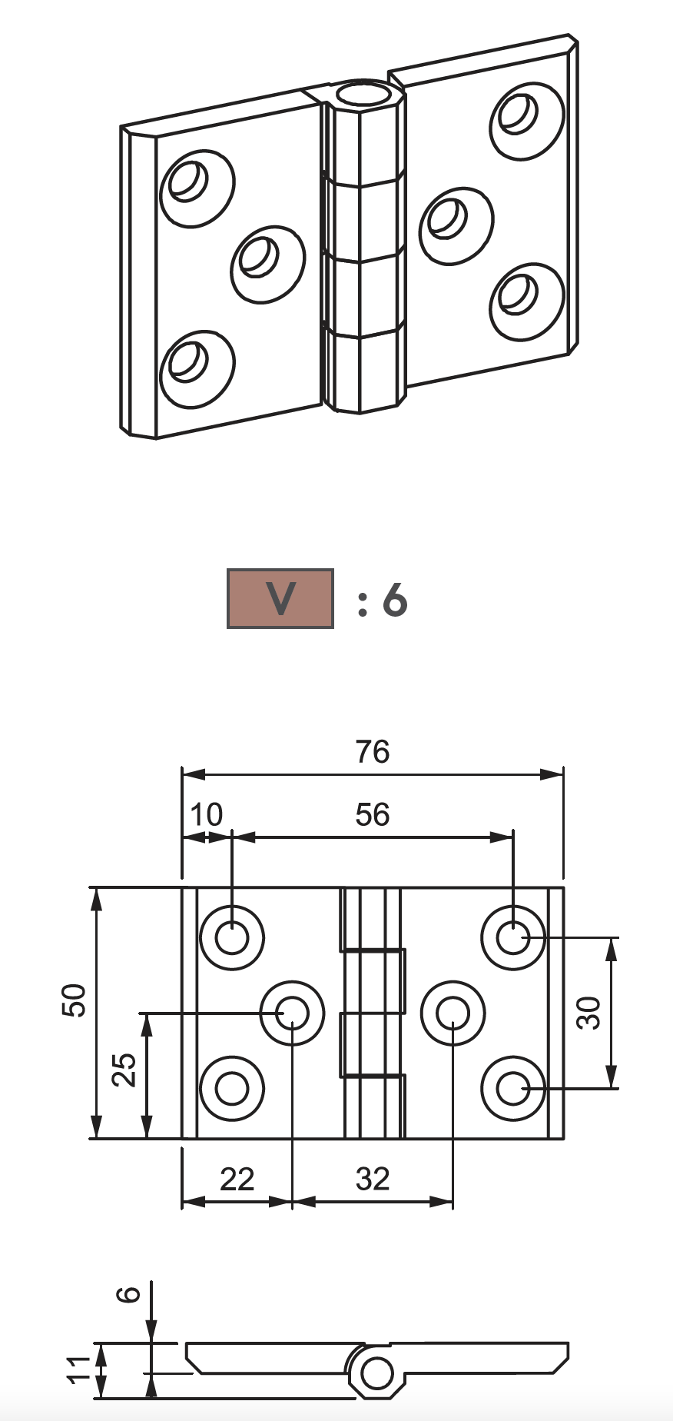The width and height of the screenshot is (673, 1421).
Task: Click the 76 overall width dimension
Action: coord(373,751)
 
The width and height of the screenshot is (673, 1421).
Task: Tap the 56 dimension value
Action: coord(373,814)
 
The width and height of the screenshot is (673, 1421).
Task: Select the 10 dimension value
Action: coord(206,814)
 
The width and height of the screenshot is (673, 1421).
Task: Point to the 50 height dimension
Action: coord(75,1000)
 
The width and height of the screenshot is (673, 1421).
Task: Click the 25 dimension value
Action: coord(124,1069)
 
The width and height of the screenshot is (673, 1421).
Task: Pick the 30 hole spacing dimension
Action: coord(590,1013)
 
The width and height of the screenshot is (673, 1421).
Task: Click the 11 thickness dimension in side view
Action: coord(80,1369)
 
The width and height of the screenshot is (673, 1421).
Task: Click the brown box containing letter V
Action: coord(280,598)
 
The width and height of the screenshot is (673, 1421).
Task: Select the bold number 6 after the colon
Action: coord(394,600)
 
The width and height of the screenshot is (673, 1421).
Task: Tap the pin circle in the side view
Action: coord(376,1373)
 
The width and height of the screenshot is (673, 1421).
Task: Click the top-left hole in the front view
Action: coord(231,937)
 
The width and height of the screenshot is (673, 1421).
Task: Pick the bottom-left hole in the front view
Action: coord(231,1088)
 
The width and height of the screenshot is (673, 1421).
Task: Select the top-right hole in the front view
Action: coord(512,937)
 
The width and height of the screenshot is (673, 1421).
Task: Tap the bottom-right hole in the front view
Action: coord(512,1088)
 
